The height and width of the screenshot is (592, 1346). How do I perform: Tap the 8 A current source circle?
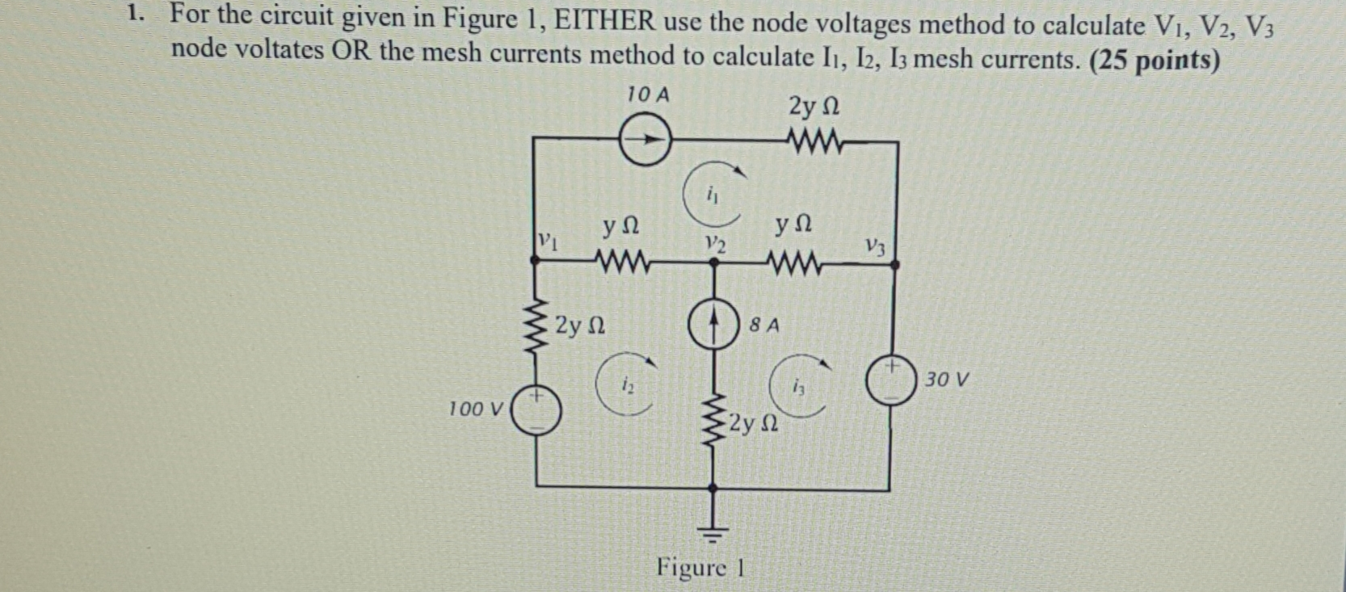point(712,327)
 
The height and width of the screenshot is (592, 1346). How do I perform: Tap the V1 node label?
point(548,241)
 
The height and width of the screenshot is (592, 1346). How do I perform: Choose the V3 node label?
point(874,246)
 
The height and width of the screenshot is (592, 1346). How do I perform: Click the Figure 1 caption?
point(700,568)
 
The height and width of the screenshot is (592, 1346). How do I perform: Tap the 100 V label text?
point(476,409)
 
